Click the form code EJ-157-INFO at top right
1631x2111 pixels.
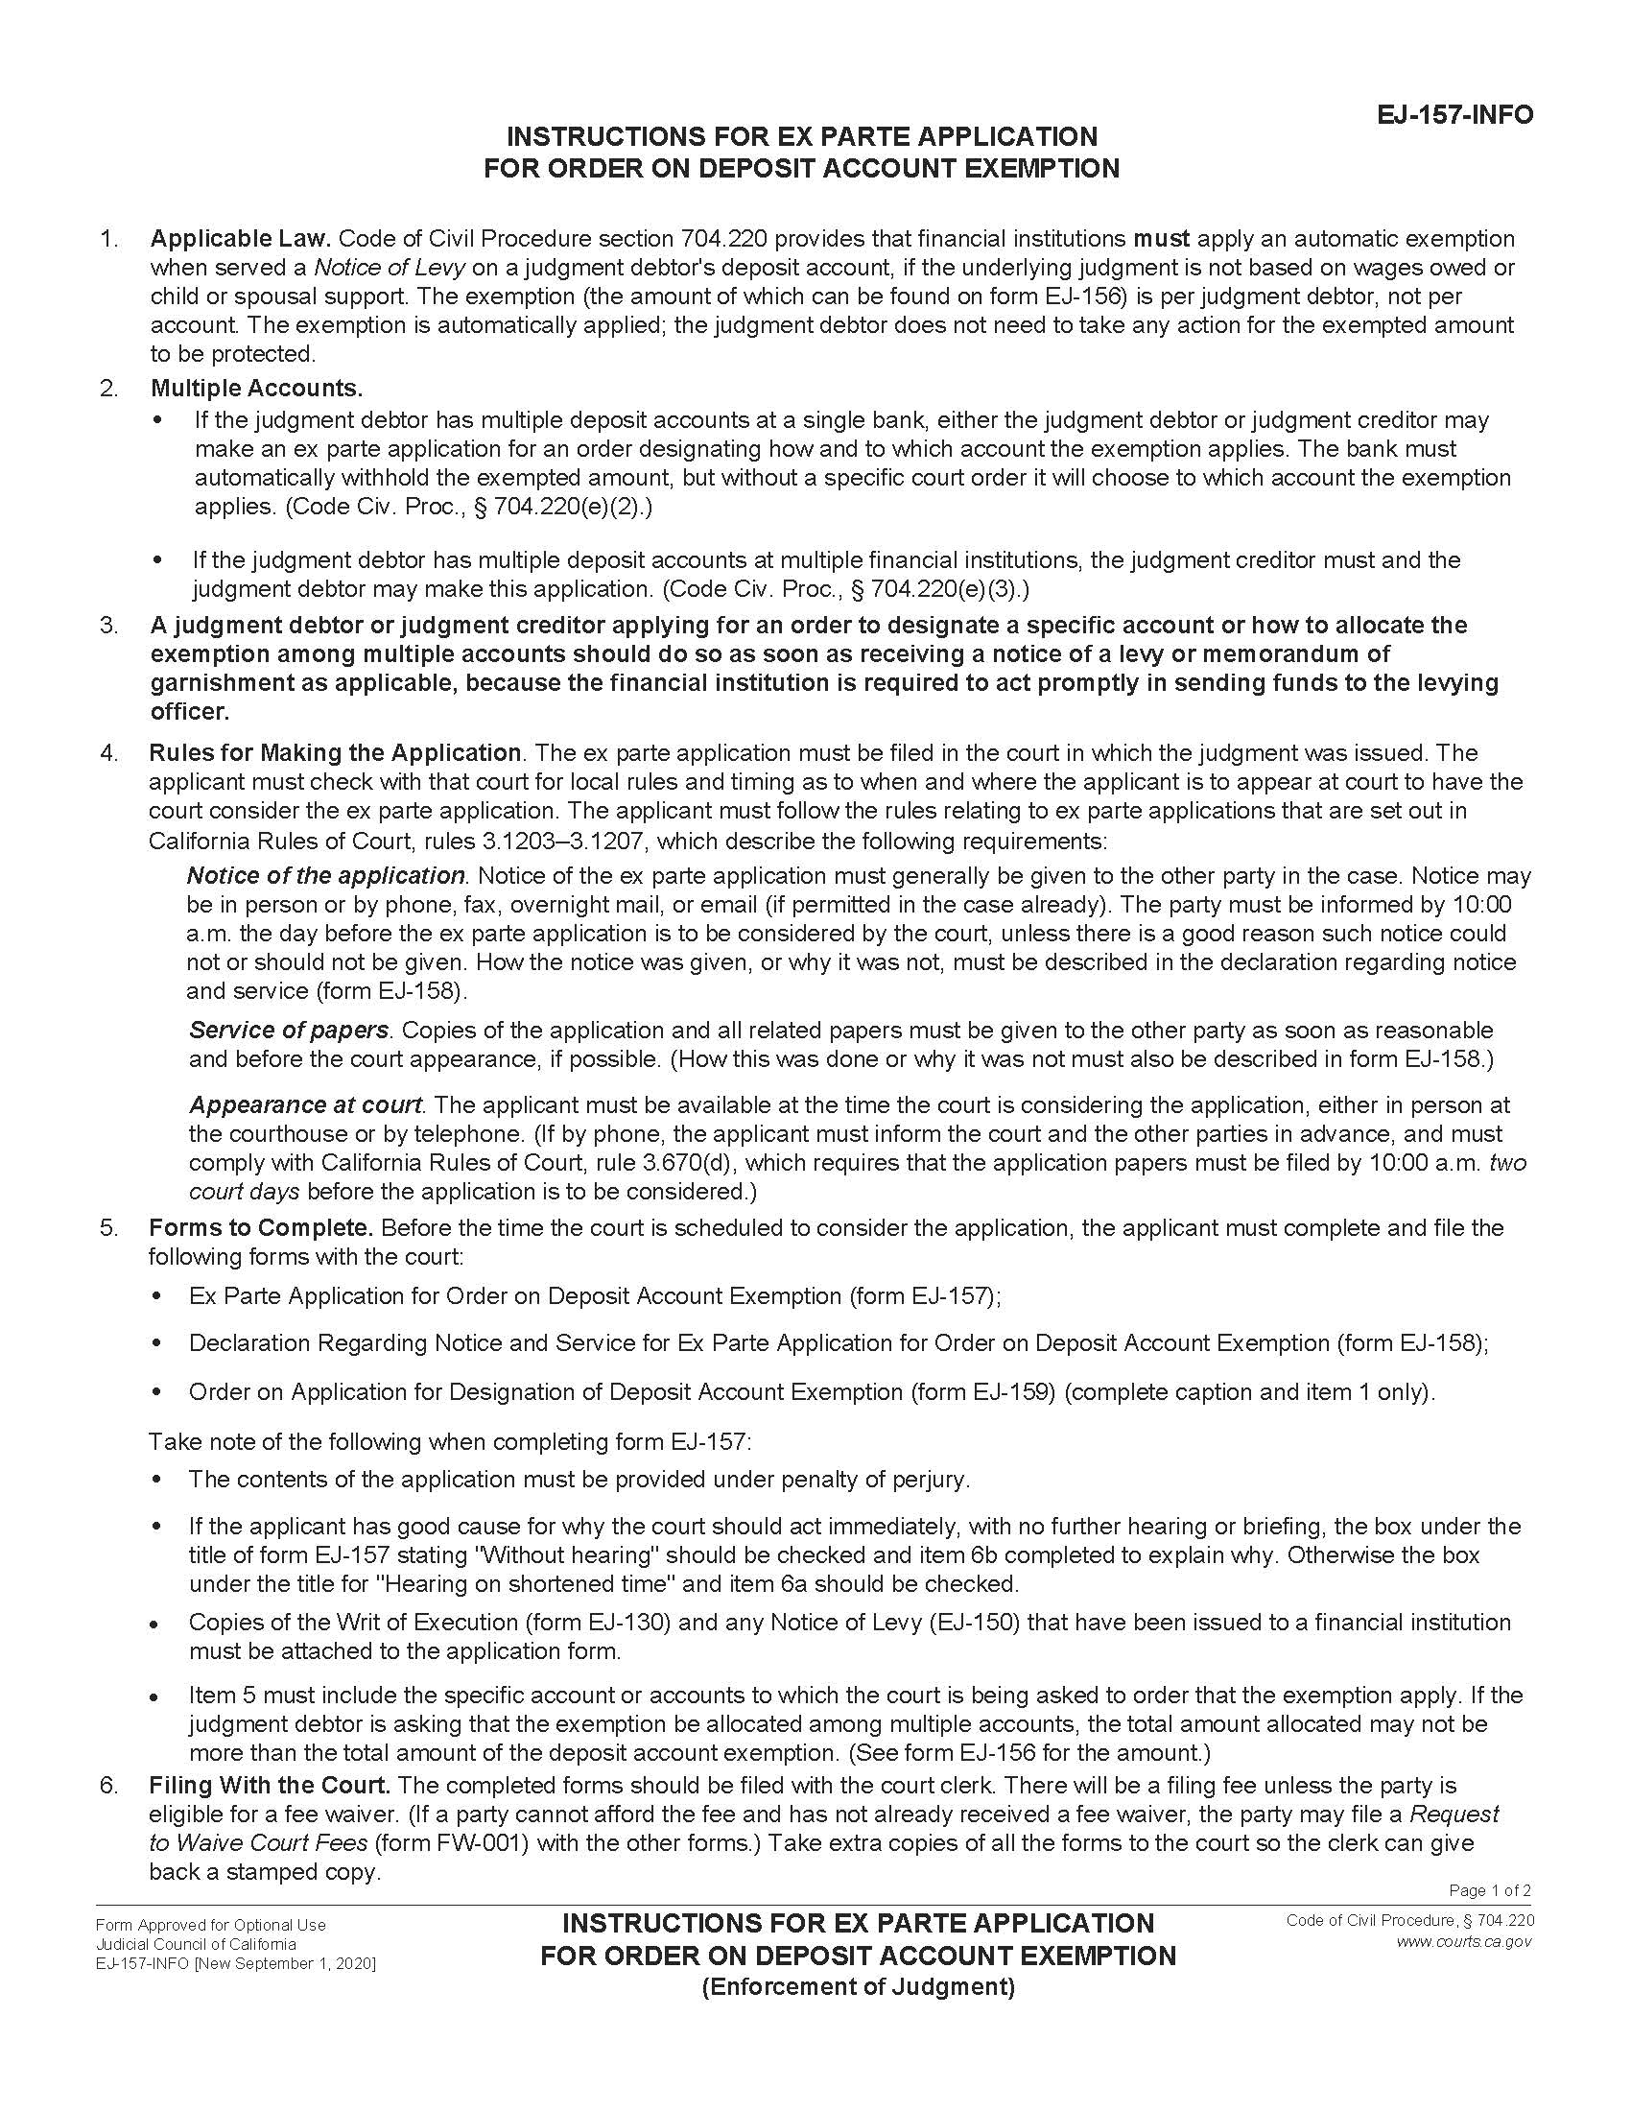pyautogui.click(x=1454, y=115)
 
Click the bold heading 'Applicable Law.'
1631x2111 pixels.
pyautogui.click(x=241, y=239)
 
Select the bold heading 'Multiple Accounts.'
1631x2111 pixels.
pyautogui.click(x=256, y=389)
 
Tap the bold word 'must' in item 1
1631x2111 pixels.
pyautogui.click(x=1162, y=239)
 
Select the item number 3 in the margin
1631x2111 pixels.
pyautogui.click(x=108, y=626)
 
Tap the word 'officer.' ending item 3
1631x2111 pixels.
pyautogui.click(x=190, y=712)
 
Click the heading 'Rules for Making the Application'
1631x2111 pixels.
pyautogui.click(x=334, y=753)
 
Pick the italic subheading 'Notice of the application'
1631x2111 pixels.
pyautogui.click(x=325, y=876)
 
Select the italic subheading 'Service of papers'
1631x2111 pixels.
pyautogui.click(x=289, y=1031)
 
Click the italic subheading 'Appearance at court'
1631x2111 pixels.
pyautogui.click(x=305, y=1104)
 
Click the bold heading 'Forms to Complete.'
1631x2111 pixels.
pyautogui.click(x=261, y=1228)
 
